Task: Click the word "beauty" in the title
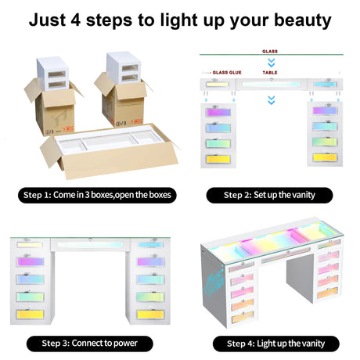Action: click(x=303, y=20)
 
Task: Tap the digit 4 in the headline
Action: click(x=76, y=20)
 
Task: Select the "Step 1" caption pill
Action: click(x=97, y=195)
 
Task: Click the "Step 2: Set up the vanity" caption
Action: click(x=269, y=195)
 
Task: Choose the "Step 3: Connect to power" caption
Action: click(x=89, y=344)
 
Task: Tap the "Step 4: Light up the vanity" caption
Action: click(x=276, y=344)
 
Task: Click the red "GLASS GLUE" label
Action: click(x=227, y=73)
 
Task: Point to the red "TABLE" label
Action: click(x=270, y=73)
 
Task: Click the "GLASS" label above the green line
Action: click(x=270, y=52)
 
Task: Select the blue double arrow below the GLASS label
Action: click(x=272, y=63)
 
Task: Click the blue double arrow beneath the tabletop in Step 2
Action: click(x=272, y=100)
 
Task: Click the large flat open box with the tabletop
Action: click(x=110, y=151)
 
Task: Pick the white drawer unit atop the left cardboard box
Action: click(x=53, y=74)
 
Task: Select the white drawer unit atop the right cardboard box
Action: click(x=124, y=67)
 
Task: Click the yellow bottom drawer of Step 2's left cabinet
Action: click(x=218, y=159)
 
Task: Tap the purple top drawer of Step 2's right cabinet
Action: click(x=325, y=110)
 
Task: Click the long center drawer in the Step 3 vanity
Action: click(x=90, y=245)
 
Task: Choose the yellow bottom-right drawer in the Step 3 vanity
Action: click(x=150, y=315)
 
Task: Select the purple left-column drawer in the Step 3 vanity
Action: click(x=30, y=261)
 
